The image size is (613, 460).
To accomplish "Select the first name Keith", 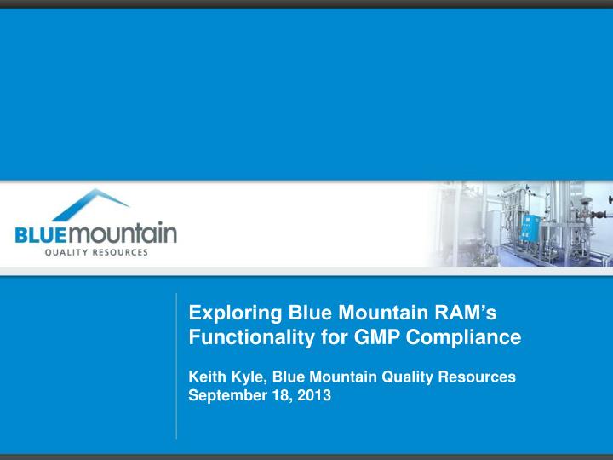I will point(206,376).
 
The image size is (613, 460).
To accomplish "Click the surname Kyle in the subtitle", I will point(247,376).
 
